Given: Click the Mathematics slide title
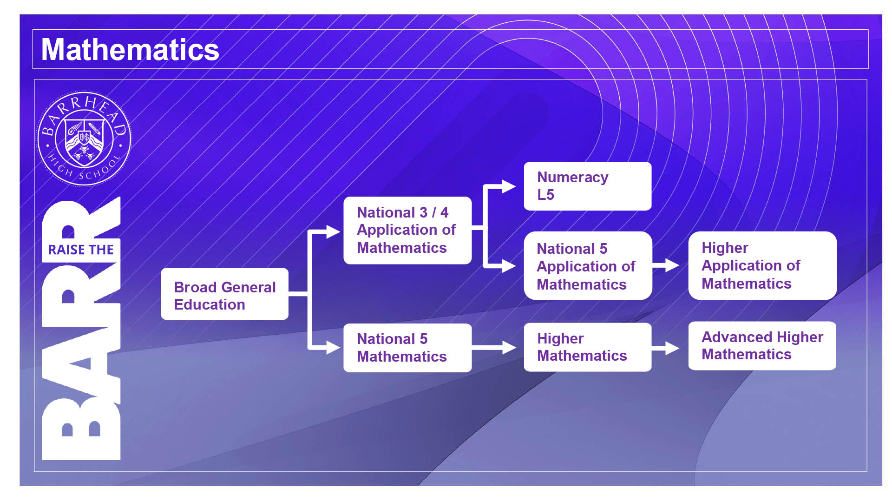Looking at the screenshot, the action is coord(130,50).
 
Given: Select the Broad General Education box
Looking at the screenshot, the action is coord(224,294).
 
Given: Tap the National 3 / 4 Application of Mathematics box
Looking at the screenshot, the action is coord(407,231).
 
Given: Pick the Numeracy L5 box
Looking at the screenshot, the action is coord(588,186).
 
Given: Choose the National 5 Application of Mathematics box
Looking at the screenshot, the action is coord(588,266).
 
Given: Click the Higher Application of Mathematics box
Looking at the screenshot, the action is coord(762,265).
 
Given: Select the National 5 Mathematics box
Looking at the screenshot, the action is coord(407,348).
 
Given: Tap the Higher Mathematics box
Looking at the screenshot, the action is coord(588,347).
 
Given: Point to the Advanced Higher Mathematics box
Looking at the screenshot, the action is coord(762,346).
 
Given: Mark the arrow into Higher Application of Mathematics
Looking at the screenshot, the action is coord(666,265).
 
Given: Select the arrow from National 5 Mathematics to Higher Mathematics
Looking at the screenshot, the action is coord(494,347).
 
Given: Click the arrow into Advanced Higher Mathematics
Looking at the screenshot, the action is coord(666,348).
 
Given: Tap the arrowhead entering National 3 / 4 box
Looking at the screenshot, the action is coord(333,231).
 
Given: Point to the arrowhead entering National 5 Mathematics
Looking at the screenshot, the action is coord(333,347).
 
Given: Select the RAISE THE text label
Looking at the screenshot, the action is coord(81,250).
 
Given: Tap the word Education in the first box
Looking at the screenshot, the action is coord(210,304).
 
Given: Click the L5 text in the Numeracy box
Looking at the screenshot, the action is coord(545,195).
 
